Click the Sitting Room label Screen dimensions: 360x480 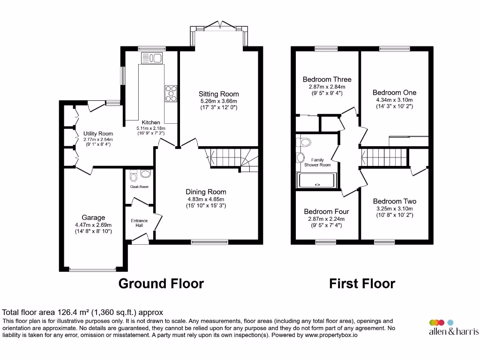click(x=218, y=94)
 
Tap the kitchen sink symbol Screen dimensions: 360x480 click(x=151, y=58)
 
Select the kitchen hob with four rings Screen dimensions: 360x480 click(x=171, y=93)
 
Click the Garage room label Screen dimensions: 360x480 click(x=93, y=217)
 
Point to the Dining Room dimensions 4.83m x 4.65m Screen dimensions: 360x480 click(x=206, y=199)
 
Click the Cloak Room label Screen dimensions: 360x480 click(x=139, y=187)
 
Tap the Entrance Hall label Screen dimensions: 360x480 click(x=139, y=223)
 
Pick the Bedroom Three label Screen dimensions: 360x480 click(x=327, y=80)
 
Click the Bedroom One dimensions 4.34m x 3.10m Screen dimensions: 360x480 click(x=394, y=100)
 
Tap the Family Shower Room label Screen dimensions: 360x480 click(x=317, y=162)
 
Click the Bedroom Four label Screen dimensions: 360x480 click(x=326, y=212)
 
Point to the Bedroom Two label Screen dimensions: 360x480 click(x=394, y=202)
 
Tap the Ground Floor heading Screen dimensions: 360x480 click(x=161, y=284)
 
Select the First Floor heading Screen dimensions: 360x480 click(x=362, y=284)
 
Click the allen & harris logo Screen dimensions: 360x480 click(x=453, y=328)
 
